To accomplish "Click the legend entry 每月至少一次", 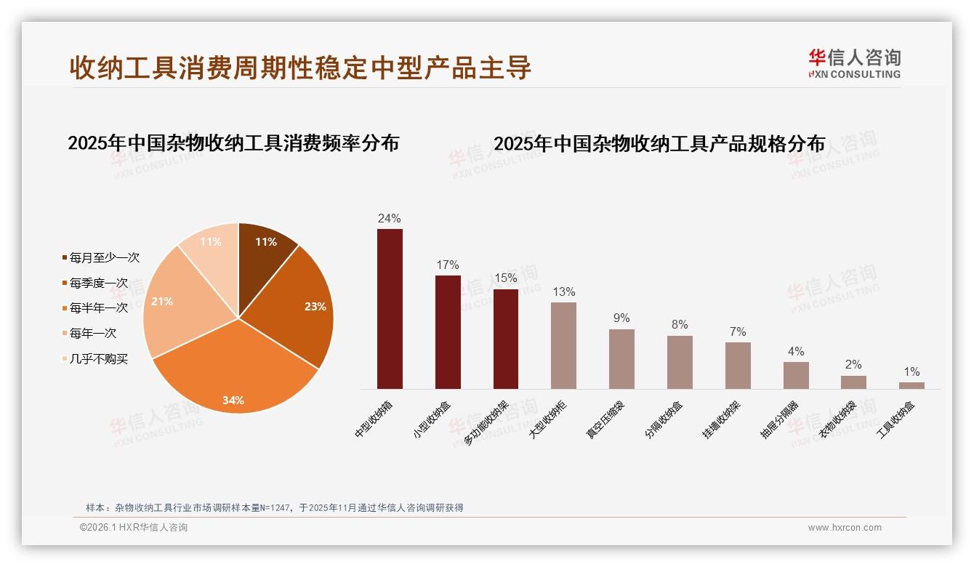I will point(103,258).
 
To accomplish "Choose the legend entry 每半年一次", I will point(98,308).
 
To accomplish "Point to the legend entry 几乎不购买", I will point(98,359).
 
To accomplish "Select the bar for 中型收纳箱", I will point(390,309).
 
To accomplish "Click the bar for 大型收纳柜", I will point(563,345).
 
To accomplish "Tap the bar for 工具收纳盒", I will point(911,385).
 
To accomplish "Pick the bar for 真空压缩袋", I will point(621,359).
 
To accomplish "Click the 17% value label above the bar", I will point(448,265).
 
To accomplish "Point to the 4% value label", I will point(796,352).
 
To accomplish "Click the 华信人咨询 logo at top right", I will point(854,64).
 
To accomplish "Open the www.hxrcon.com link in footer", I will point(845,528).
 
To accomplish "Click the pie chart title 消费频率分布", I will point(233,143).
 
